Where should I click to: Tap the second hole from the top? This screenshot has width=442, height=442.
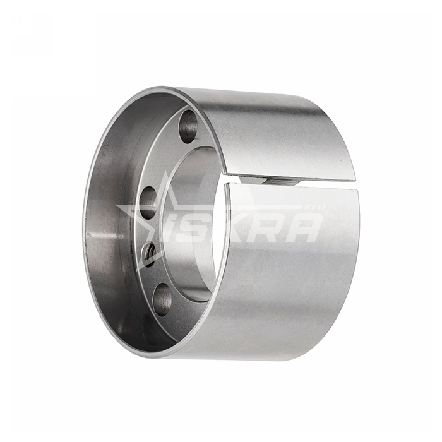pyautogui.click(x=149, y=203)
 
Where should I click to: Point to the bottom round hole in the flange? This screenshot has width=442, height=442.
pyautogui.click(x=163, y=300)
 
